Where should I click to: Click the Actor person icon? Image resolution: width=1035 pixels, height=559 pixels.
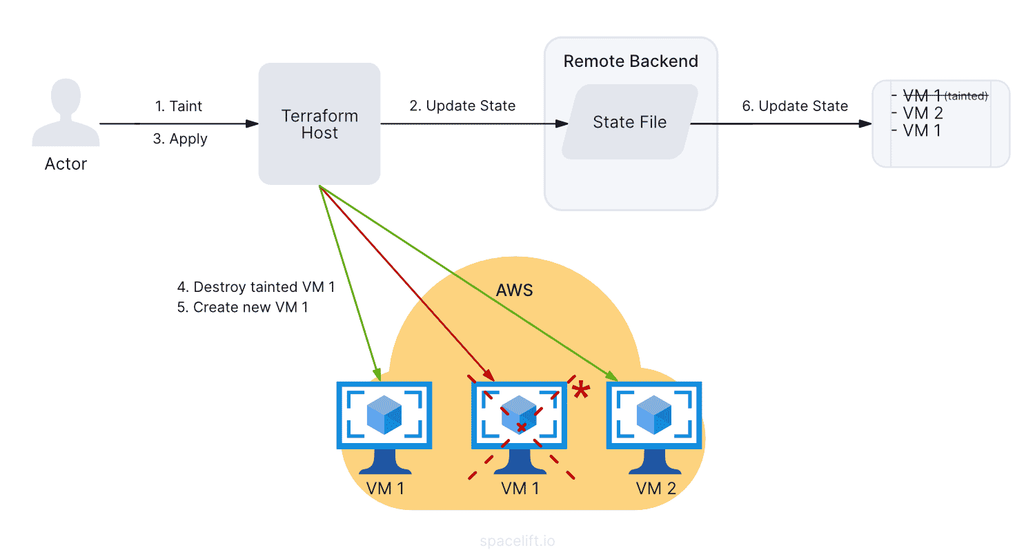click(66, 113)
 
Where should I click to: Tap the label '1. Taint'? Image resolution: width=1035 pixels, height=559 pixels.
click(179, 106)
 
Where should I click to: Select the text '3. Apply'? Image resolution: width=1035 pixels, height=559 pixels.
click(180, 139)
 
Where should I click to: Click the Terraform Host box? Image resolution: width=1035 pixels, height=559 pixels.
click(319, 124)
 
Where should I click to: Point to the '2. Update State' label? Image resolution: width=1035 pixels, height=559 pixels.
click(462, 106)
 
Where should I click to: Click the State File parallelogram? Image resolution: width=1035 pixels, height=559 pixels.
click(630, 122)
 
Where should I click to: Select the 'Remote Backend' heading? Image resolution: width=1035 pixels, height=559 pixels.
click(631, 61)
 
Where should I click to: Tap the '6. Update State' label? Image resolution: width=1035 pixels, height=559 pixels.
click(795, 106)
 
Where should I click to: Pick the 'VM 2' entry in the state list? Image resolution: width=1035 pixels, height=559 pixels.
click(922, 113)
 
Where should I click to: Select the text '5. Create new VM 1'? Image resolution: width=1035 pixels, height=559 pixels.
click(242, 307)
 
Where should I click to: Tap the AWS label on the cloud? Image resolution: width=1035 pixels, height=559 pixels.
click(514, 290)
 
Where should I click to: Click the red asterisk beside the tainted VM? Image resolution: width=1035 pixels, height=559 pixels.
click(582, 391)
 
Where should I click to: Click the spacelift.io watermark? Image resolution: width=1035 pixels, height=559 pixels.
click(517, 541)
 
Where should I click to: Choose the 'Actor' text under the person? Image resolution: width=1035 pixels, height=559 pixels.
click(66, 164)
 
